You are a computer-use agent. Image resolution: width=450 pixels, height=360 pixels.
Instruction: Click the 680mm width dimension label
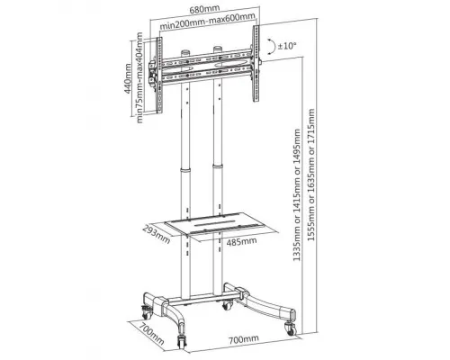[204, 9]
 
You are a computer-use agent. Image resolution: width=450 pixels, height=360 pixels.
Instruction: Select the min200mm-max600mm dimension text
[207, 21]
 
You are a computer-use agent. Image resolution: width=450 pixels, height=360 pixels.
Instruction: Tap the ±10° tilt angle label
[287, 46]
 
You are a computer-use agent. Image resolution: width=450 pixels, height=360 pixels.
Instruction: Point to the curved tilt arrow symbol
[273, 46]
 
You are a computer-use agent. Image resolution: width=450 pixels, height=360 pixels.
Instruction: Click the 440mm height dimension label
[128, 78]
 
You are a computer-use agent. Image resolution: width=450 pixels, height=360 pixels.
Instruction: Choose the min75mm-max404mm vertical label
[139, 77]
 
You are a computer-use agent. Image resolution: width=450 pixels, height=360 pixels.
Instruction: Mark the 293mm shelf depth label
[156, 234]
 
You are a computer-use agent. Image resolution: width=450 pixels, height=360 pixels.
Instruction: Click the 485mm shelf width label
[241, 241]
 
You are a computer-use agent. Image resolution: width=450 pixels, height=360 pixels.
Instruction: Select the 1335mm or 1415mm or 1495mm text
[297, 194]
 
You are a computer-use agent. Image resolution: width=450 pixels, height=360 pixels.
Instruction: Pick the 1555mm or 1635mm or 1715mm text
[311, 175]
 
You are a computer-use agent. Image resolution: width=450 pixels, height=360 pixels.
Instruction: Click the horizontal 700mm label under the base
[244, 339]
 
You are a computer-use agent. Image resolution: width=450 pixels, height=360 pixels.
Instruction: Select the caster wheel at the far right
[291, 328]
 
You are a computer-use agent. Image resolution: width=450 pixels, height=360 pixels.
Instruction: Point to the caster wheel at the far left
[147, 312]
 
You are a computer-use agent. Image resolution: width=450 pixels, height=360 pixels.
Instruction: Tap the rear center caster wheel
[227, 305]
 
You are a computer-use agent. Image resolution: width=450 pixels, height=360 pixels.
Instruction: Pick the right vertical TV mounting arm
[256, 64]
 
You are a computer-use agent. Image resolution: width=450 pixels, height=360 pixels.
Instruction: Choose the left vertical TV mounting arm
[159, 76]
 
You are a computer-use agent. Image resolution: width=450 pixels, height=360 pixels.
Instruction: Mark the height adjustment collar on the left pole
[185, 169]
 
